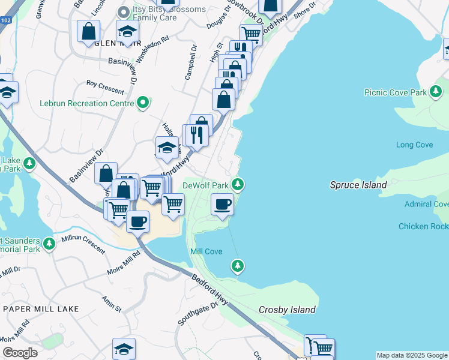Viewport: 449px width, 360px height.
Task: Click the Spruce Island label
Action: pyautogui.click(x=358, y=185)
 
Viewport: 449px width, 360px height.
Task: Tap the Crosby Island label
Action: pyautogui.click(x=287, y=310)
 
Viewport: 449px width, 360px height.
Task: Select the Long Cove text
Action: pyautogui.click(x=414, y=145)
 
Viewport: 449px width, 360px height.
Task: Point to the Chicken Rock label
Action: pyautogui.click(x=423, y=226)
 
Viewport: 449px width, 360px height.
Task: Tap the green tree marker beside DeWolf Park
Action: pyautogui.click(x=239, y=184)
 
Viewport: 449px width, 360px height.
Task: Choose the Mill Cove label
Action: pyautogui.click(x=206, y=251)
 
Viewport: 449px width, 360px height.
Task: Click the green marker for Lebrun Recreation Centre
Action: pyautogui.click(x=142, y=104)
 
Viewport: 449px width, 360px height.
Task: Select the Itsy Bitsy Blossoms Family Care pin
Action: pyautogui.click(x=124, y=11)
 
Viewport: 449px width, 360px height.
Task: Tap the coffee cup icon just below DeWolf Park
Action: pyautogui.click(x=222, y=205)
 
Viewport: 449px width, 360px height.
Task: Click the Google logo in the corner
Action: pyautogui.click(x=20, y=353)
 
